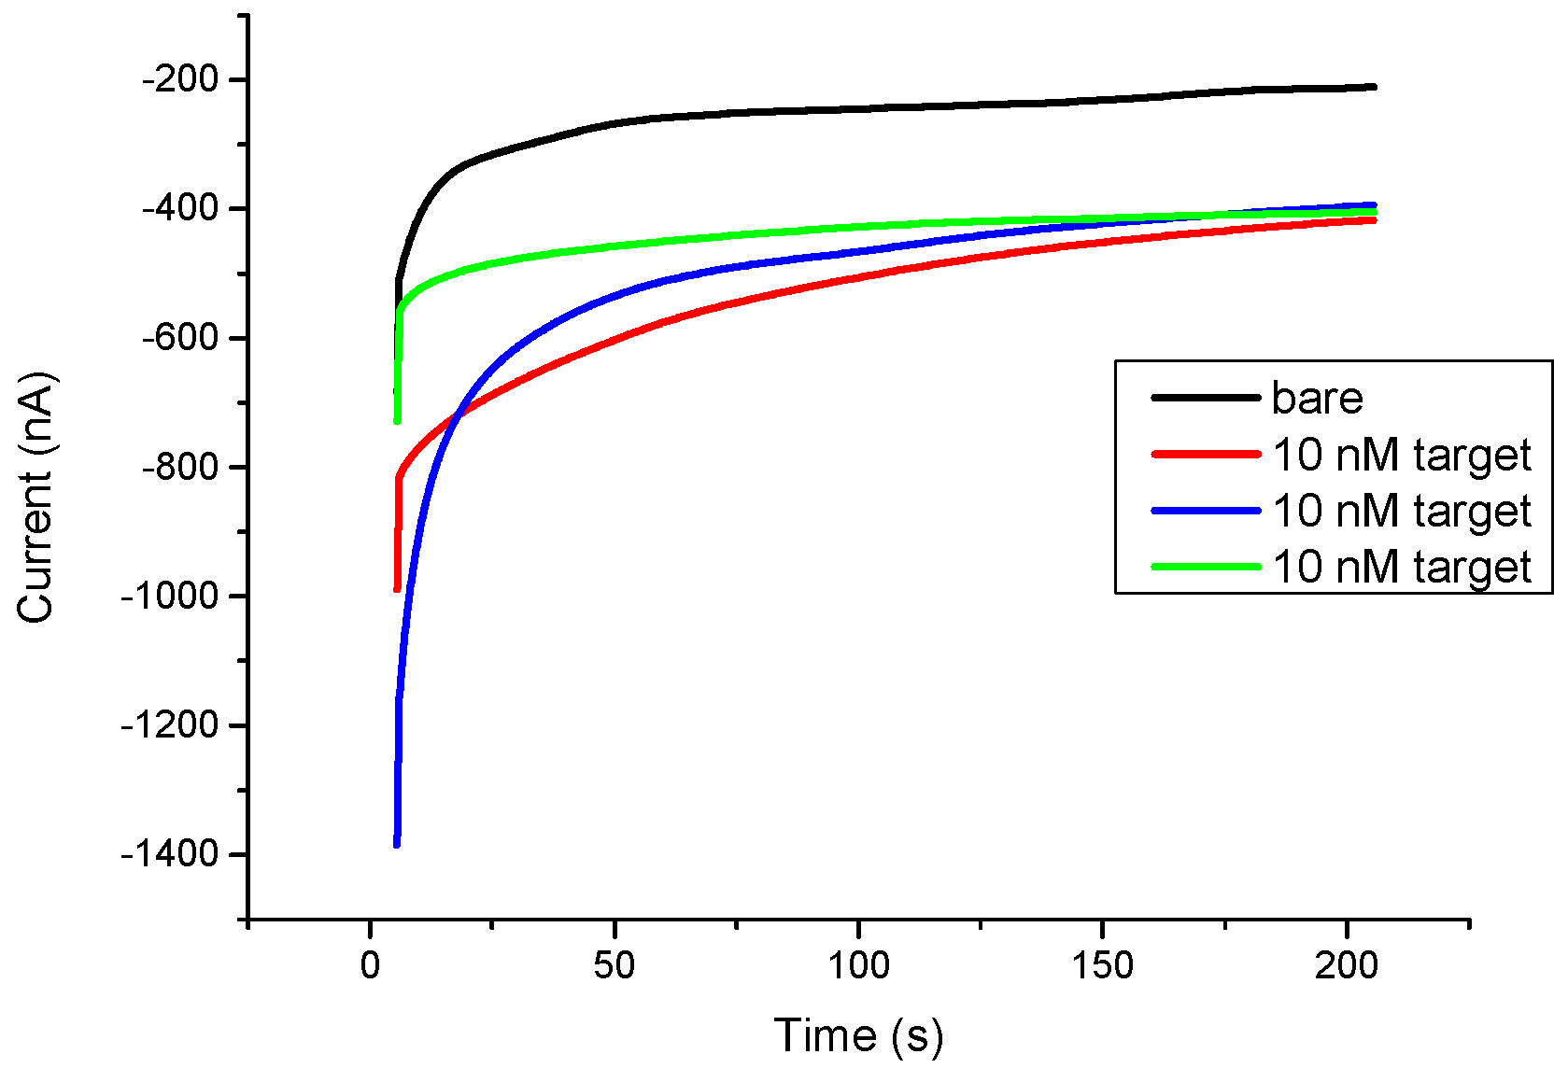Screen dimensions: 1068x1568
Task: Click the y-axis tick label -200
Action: [x=179, y=79]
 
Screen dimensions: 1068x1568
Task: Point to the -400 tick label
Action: [x=179, y=208]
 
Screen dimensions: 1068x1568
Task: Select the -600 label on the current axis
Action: [x=179, y=337]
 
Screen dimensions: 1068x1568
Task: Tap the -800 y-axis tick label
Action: [x=179, y=467]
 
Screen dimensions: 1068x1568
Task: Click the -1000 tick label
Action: [x=169, y=596]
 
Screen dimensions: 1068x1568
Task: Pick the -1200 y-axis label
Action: [x=169, y=724]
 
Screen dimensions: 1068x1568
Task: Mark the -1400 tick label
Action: [x=169, y=853]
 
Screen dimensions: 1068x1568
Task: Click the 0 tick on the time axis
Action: [x=371, y=965]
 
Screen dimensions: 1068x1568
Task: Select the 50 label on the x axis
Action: [x=614, y=965]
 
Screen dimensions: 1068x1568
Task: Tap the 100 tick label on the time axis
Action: [x=858, y=965]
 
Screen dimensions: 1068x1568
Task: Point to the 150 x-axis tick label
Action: [x=1102, y=965]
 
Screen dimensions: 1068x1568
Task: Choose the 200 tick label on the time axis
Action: [x=1346, y=965]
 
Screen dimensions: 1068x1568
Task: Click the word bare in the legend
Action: [x=1317, y=399]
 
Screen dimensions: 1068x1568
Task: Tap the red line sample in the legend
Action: [x=1206, y=455]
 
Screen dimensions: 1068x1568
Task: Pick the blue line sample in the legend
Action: [x=1206, y=511]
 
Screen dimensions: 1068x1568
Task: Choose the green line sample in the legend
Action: [x=1206, y=567]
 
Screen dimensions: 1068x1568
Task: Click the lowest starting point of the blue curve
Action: [x=397, y=844]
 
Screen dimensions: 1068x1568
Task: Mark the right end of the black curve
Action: [x=1374, y=87]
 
